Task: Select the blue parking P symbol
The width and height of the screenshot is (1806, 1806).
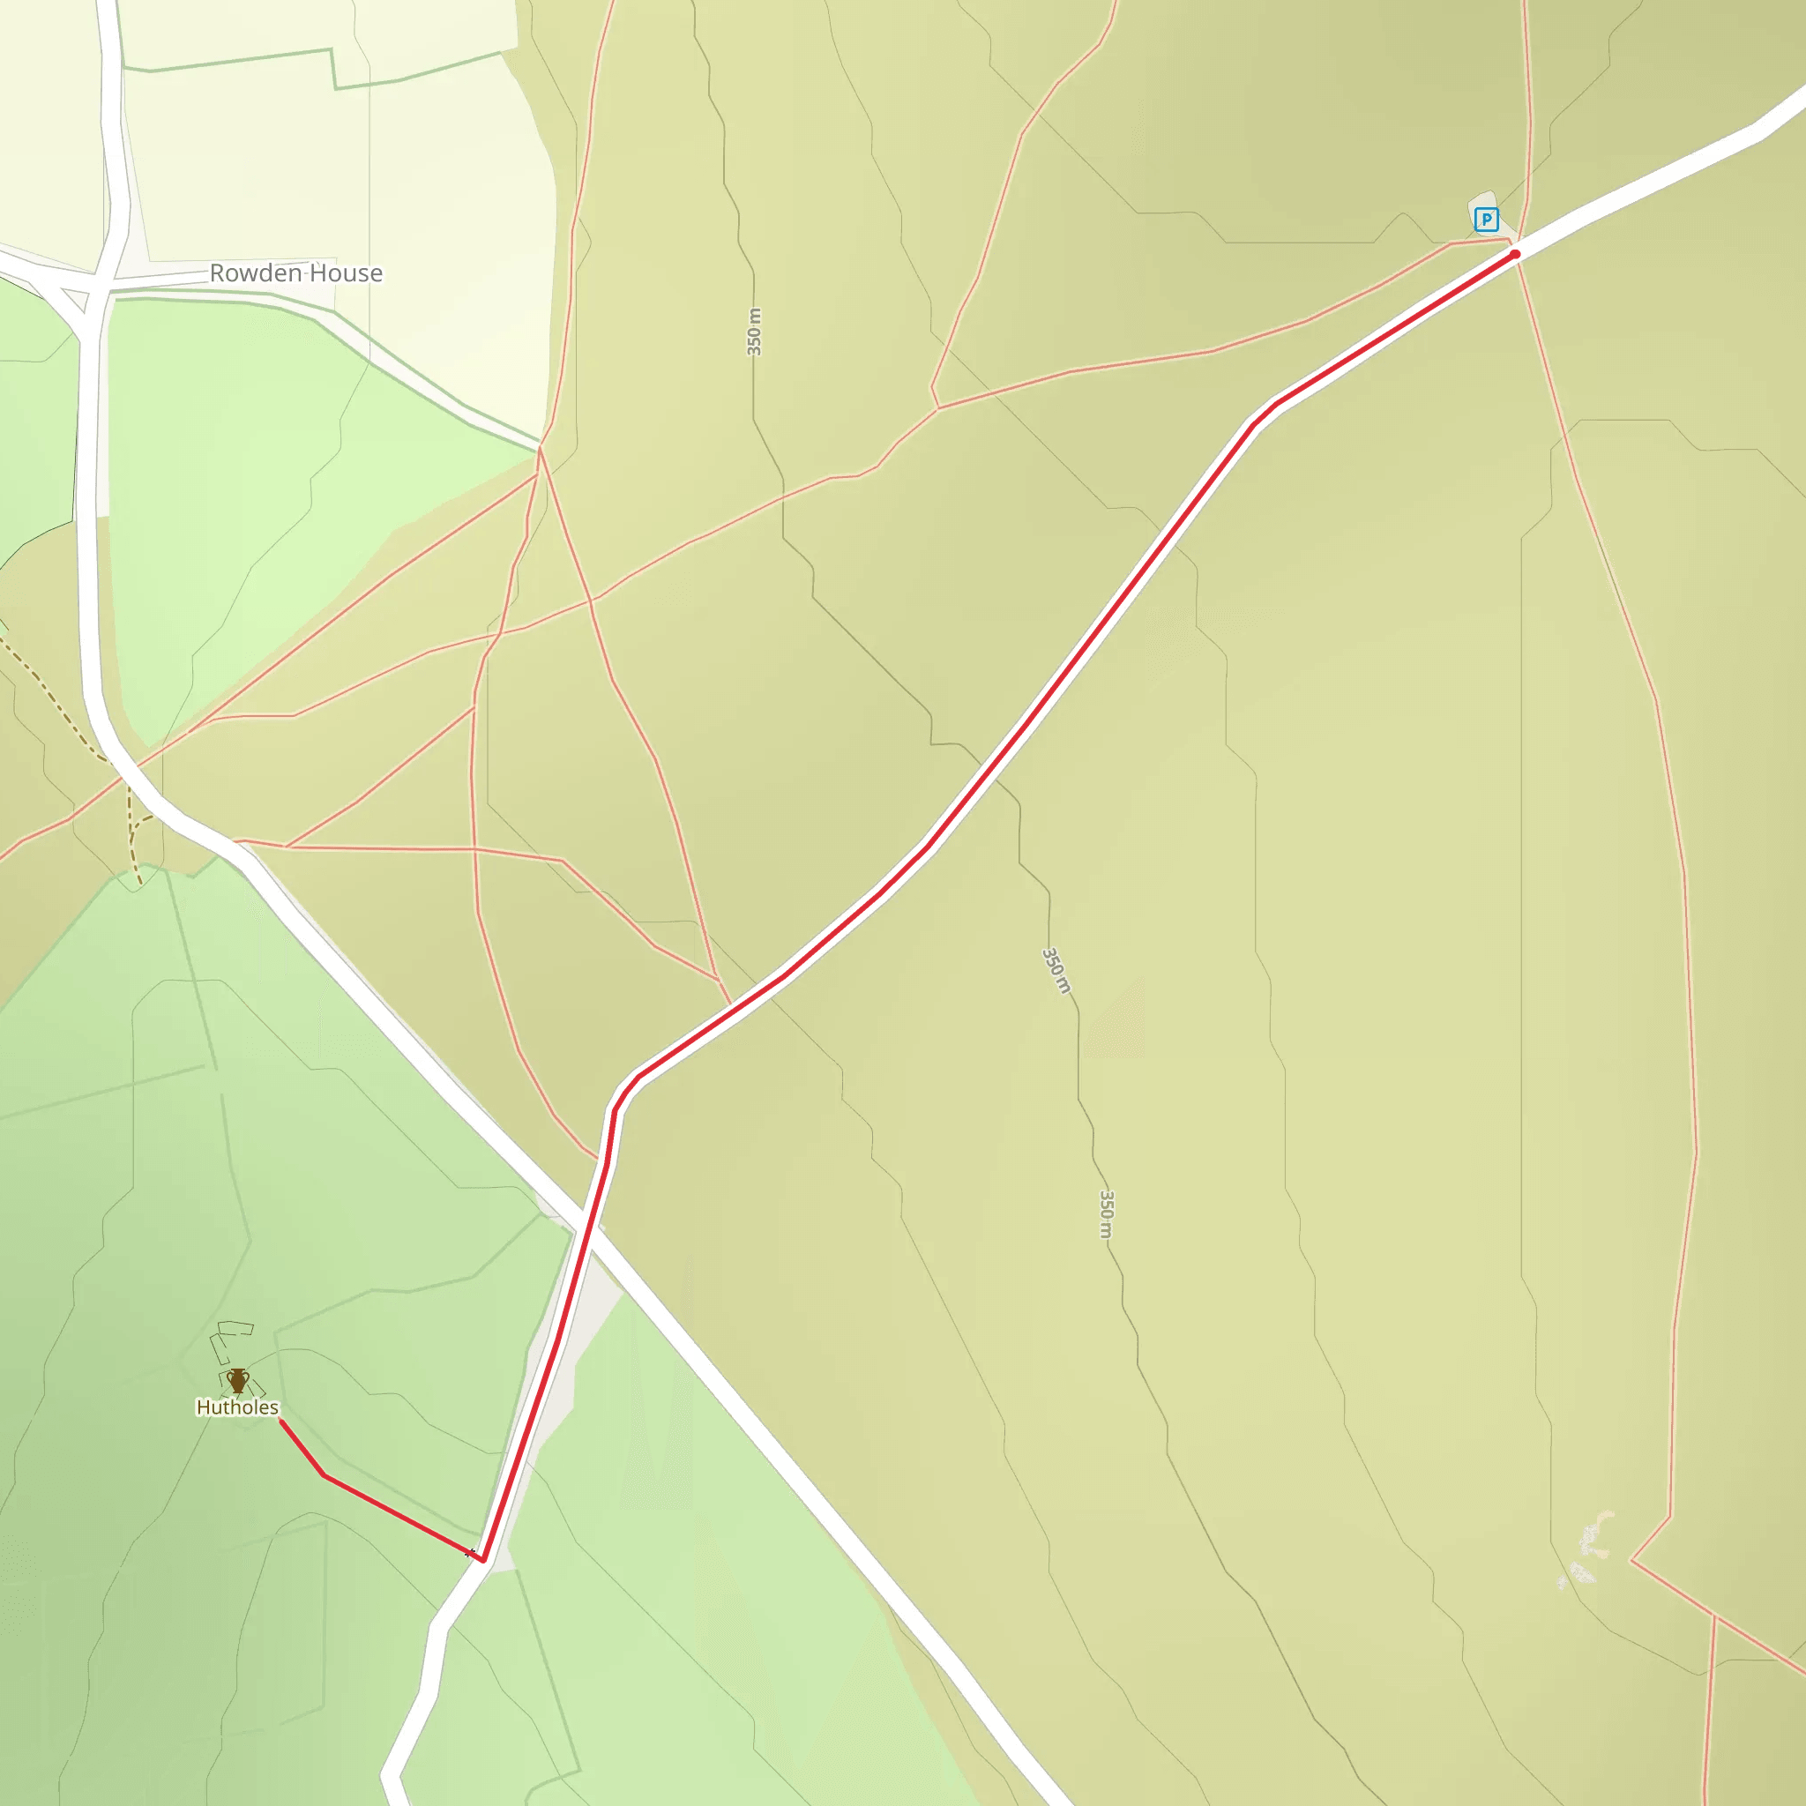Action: (1485, 220)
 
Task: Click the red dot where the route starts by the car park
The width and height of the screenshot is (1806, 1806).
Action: (1514, 253)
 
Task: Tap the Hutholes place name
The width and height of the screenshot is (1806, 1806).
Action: (236, 1407)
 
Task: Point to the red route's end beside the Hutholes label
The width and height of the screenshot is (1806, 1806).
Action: (281, 1422)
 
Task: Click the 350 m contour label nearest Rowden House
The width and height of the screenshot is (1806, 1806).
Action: (754, 332)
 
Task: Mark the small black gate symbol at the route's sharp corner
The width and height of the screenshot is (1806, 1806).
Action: (470, 1553)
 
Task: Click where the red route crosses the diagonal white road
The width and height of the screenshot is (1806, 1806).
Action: (586, 1219)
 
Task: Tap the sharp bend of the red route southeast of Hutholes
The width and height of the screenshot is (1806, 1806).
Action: (325, 1475)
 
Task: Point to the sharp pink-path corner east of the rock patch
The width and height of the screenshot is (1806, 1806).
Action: (1632, 1560)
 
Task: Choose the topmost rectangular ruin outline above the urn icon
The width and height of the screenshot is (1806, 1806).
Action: (235, 1327)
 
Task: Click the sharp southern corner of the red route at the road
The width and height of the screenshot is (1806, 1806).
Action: (483, 1560)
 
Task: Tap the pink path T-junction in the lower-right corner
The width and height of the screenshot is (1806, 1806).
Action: (1715, 1615)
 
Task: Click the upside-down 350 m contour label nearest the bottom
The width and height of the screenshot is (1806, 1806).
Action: (1106, 1214)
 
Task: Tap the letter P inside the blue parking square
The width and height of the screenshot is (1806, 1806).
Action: (1485, 220)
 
